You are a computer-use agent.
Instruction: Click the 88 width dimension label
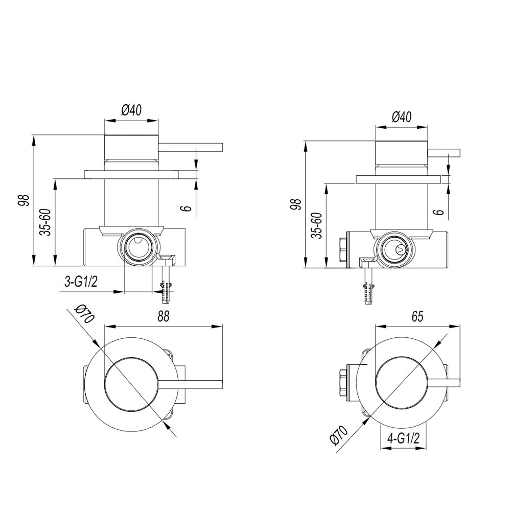(164, 316)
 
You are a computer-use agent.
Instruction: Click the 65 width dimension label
(417, 316)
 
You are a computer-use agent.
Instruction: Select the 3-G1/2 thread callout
(81, 281)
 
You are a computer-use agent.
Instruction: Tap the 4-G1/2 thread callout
(403, 439)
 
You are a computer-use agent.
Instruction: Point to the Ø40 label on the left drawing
(131, 110)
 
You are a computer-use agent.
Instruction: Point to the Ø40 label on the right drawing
(402, 117)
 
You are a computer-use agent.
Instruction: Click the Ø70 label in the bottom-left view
(84, 314)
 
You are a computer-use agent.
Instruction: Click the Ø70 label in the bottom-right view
(339, 435)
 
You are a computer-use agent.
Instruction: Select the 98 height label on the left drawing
(24, 200)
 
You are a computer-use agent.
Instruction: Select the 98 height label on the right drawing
(296, 204)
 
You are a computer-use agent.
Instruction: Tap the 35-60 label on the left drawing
(45, 222)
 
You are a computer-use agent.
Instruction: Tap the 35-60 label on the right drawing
(317, 225)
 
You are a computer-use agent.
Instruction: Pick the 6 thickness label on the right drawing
(440, 212)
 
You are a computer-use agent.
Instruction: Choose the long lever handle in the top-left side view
(190, 147)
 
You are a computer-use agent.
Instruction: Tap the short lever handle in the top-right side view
(444, 153)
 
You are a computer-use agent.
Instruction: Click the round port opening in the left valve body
(138, 246)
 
